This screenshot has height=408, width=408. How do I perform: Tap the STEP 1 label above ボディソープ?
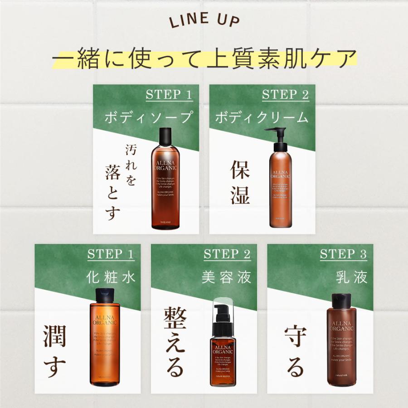tap(169, 95)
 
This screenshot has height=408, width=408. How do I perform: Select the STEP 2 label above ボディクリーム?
tap(285, 95)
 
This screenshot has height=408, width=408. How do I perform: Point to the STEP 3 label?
tap(343, 254)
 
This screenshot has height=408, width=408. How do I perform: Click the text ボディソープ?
tap(148, 117)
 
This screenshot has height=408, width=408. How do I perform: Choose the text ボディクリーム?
tap(262, 117)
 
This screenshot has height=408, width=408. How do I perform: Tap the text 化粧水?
tap(111, 277)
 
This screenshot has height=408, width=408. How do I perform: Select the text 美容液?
tap(227, 277)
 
